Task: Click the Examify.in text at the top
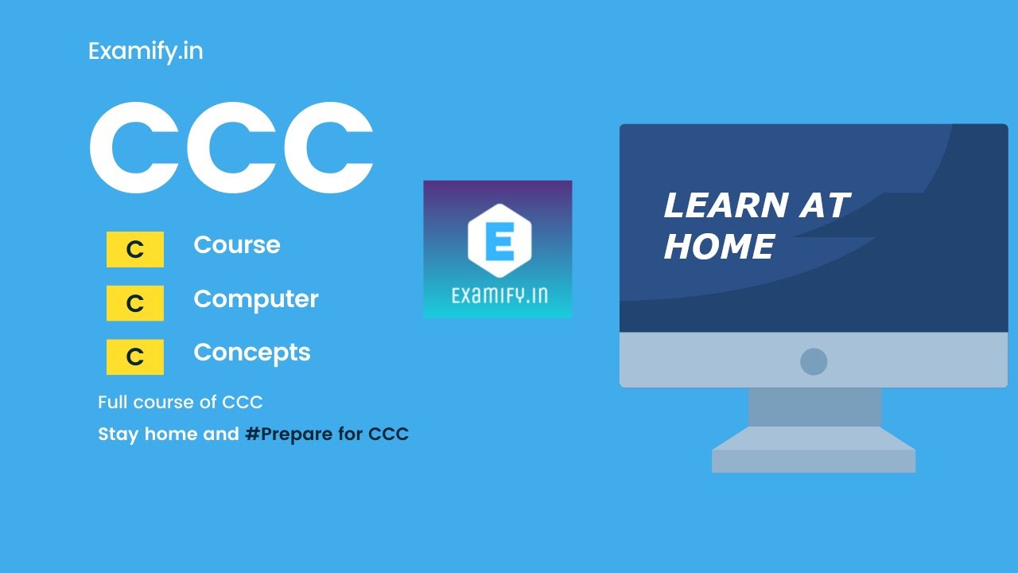(146, 52)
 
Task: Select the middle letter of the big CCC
(231, 148)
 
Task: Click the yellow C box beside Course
(135, 250)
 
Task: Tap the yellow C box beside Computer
(135, 303)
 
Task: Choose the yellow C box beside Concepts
(135, 357)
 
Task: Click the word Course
(237, 244)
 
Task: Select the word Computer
(256, 298)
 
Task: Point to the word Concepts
(252, 353)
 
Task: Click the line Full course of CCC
(180, 403)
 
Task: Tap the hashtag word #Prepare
(293, 435)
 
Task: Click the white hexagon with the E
(498, 240)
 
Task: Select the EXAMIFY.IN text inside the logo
(498, 296)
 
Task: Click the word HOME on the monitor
(719, 247)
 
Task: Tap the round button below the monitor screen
(814, 362)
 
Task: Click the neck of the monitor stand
(814, 407)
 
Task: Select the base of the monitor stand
(814, 454)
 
